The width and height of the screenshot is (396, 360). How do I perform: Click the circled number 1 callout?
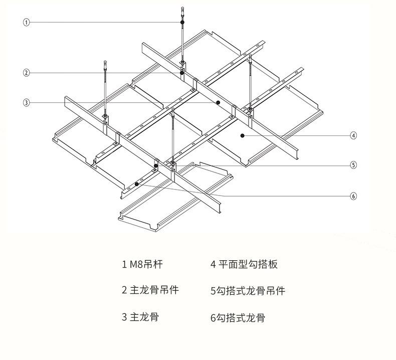[x=27, y=22]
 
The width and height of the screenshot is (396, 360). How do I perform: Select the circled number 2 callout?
[x=27, y=73]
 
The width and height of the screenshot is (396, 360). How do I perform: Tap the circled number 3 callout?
[x=27, y=103]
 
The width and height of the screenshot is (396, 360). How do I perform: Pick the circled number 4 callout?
[x=353, y=135]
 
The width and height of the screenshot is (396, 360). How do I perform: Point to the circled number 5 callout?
[x=353, y=165]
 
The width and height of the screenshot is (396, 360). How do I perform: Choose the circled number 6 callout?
[x=353, y=196]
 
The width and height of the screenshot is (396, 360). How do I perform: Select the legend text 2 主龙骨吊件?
[x=150, y=290]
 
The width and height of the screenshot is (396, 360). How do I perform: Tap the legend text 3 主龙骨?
[x=141, y=317]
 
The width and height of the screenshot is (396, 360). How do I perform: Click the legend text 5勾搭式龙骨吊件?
[x=248, y=290]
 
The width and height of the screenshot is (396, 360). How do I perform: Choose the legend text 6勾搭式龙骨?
[x=238, y=317]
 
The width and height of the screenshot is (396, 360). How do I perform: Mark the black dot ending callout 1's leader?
[x=182, y=23]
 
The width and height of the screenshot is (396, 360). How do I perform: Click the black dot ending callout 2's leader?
[x=182, y=73]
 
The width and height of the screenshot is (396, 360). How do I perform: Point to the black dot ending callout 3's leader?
[x=218, y=102]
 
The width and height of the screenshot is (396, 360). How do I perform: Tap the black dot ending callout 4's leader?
[x=242, y=135]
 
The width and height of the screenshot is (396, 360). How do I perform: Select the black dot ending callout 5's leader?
[x=156, y=165]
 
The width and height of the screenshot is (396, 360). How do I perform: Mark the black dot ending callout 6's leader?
[x=136, y=184]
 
